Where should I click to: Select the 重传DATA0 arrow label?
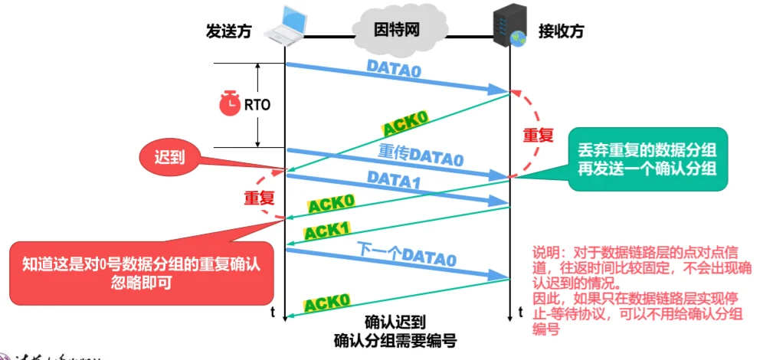pyautogui.click(x=421, y=156)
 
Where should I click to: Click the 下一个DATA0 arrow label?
pyautogui.click(x=407, y=255)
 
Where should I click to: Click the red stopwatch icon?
pyautogui.click(x=229, y=104)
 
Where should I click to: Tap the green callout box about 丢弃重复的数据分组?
pyautogui.click(x=647, y=159)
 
